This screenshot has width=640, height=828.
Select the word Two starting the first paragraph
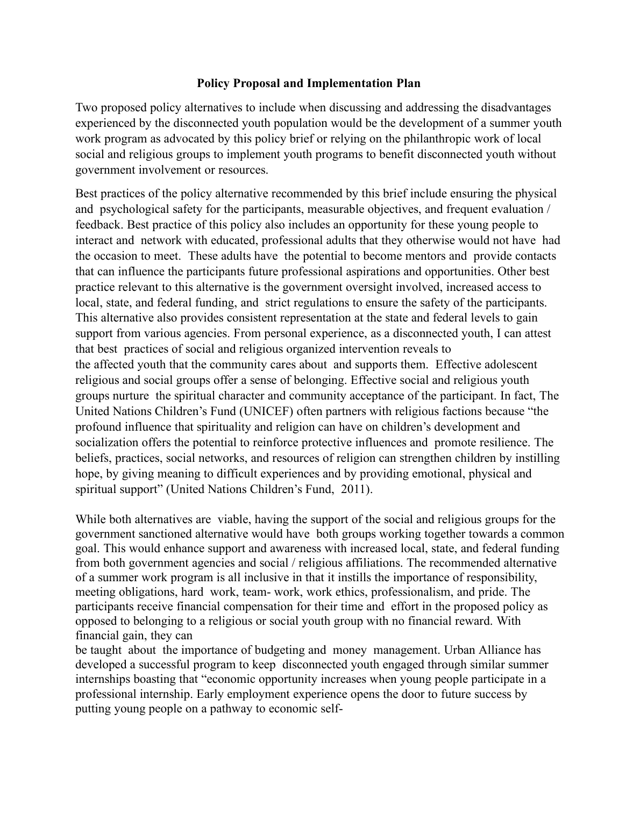coord(86,108)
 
